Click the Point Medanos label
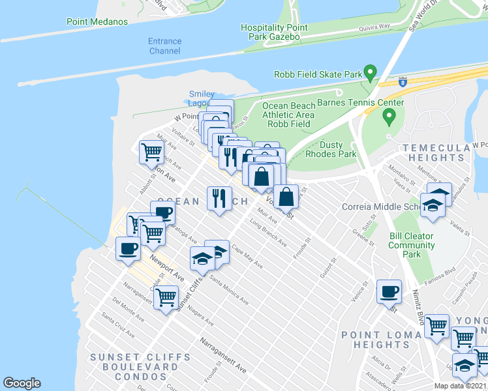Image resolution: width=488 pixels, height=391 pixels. (x=97, y=22)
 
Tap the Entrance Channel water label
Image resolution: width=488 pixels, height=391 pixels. (x=165, y=46)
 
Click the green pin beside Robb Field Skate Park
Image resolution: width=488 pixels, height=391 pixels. (x=371, y=72)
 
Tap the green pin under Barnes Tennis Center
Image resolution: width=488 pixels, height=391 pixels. (x=389, y=117)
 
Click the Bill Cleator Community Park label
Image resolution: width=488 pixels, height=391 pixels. (x=412, y=245)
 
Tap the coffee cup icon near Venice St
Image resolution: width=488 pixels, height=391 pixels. (x=389, y=291)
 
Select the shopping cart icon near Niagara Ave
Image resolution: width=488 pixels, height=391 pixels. (x=166, y=297)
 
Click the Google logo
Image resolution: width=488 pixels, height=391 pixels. (x=22, y=383)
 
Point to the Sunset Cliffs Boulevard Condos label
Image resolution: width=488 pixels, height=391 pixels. (x=140, y=367)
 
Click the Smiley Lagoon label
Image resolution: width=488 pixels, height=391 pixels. (x=202, y=99)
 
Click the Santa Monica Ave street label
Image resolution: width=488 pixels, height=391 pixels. (x=228, y=291)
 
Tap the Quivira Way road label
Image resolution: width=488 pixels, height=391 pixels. (x=374, y=28)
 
